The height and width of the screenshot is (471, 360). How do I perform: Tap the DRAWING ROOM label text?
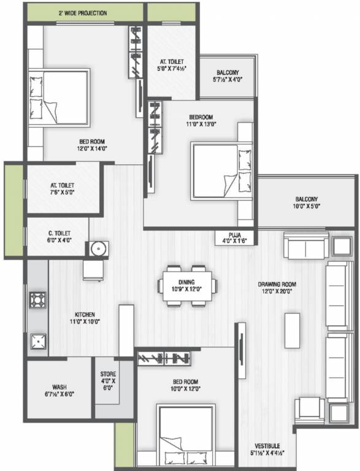pos(277,284)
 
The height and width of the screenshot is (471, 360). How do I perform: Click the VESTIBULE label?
pos(268,446)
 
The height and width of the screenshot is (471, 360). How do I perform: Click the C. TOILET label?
pos(59,233)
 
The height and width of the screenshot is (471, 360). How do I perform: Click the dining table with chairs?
pos(188,285)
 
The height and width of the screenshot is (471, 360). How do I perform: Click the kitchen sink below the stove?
pos(37,341)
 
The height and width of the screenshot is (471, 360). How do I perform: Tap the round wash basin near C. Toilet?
pos(98,248)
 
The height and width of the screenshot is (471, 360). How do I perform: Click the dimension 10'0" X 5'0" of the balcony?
pos(306,207)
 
